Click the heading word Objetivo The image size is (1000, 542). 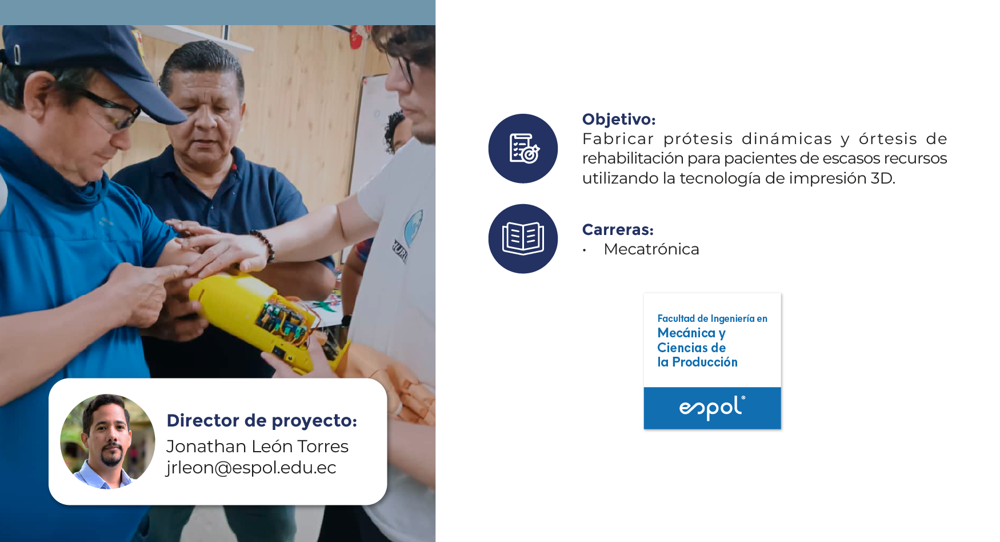click(x=618, y=119)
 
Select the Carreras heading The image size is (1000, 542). click(x=618, y=230)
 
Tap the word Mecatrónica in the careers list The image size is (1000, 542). click(x=651, y=249)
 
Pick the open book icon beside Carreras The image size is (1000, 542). click(x=523, y=238)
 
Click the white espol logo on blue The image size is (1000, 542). click(x=712, y=408)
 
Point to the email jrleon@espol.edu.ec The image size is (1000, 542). click(x=251, y=468)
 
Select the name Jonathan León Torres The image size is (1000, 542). click(x=257, y=447)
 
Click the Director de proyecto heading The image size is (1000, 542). click(x=262, y=421)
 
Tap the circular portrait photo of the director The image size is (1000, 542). click(x=107, y=441)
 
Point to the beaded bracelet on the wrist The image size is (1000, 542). click(x=264, y=245)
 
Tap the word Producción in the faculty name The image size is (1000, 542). click(x=705, y=362)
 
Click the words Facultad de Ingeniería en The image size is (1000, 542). click(x=712, y=318)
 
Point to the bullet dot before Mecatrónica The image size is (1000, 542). click(x=585, y=250)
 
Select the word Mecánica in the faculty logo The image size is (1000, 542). click(x=686, y=333)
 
